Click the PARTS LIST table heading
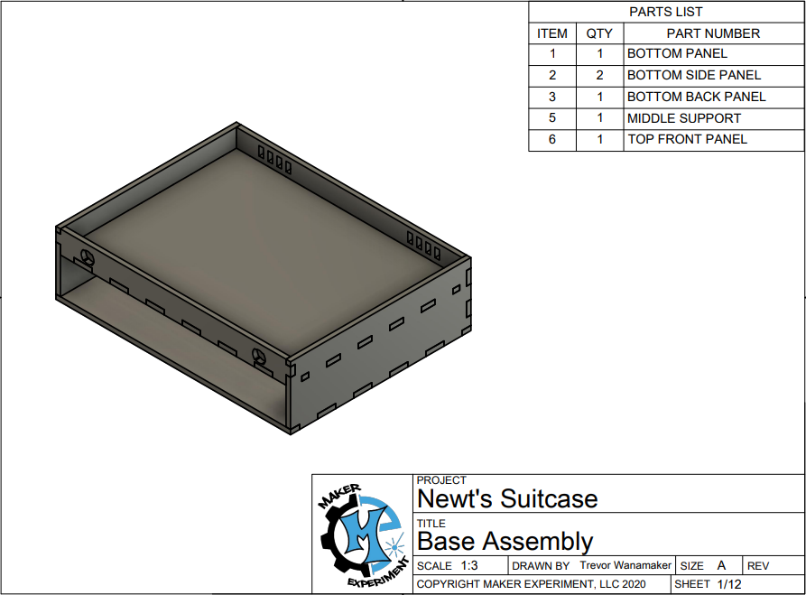point(665,12)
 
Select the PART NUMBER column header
point(713,33)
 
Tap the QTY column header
point(599,33)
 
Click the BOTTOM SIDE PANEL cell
point(693,75)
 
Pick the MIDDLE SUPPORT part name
point(683,118)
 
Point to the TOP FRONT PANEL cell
point(687,139)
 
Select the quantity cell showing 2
point(599,75)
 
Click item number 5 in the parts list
point(552,118)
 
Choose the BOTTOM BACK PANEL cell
point(696,97)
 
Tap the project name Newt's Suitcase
point(507,499)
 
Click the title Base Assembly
point(505,542)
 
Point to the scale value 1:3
point(469,566)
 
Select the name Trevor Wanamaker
point(625,565)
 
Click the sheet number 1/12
point(729,584)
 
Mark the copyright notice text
point(531,584)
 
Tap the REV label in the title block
point(758,566)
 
